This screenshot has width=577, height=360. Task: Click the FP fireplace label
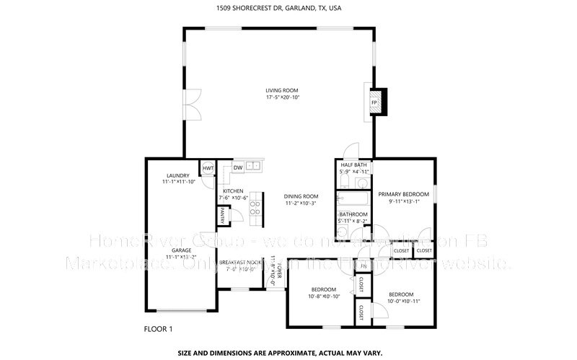[x=374, y=103]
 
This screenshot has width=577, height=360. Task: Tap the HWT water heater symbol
[x=208, y=168]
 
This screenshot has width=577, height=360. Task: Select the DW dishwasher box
[x=237, y=168]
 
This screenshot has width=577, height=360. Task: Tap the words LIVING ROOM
[x=282, y=90]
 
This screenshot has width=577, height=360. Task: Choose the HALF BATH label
[x=354, y=164]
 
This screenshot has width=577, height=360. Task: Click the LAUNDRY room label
[x=177, y=175]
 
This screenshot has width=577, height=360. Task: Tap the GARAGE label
[x=181, y=250]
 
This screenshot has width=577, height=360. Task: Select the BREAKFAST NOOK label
[x=240, y=262]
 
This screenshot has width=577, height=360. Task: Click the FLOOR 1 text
[x=159, y=329]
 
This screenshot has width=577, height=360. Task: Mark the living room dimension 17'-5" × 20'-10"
[x=282, y=97]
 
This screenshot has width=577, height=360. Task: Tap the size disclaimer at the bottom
[x=288, y=354]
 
